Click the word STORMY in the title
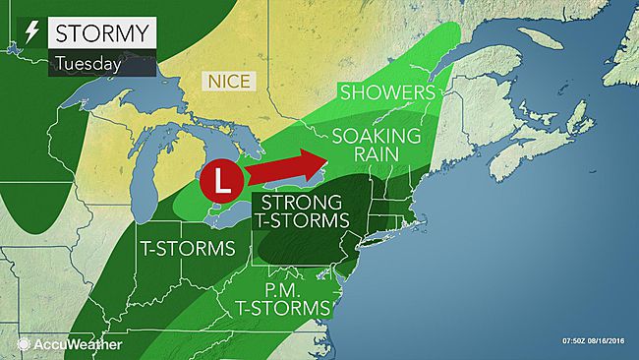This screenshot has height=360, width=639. point(100,32)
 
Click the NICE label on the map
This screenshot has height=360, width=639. point(226,78)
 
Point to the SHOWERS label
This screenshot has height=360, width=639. point(387,92)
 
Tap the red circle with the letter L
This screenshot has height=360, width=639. point(219,182)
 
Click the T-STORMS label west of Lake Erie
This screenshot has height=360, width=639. point(188,247)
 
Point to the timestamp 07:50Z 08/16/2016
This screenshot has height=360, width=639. point(592,340)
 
